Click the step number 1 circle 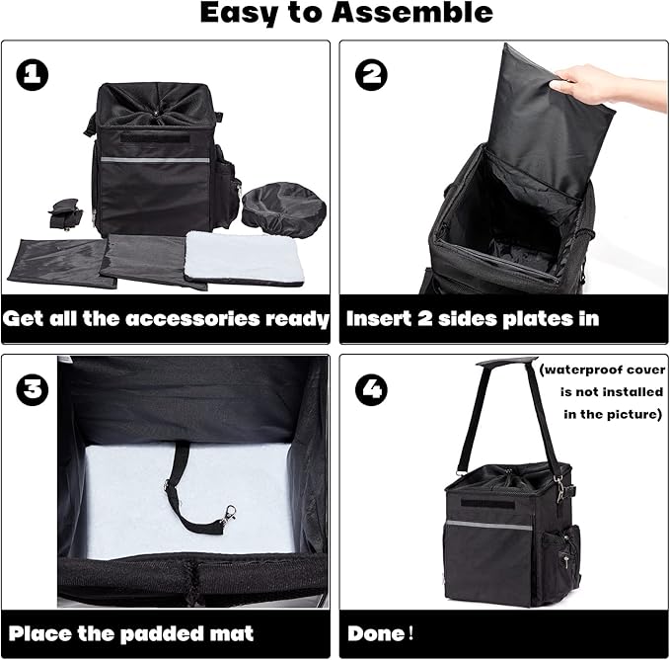[x=32, y=74]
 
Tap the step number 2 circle [x=371, y=74]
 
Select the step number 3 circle [x=32, y=389]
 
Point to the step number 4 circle [x=371, y=389]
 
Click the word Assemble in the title [x=412, y=12]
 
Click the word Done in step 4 [x=376, y=633]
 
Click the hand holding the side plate [x=610, y=84]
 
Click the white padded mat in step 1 [x=245, y=259]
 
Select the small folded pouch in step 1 [x=65, y=213]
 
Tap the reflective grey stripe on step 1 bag [x=155, y=160]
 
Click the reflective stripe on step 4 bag [x=488, y=525]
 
